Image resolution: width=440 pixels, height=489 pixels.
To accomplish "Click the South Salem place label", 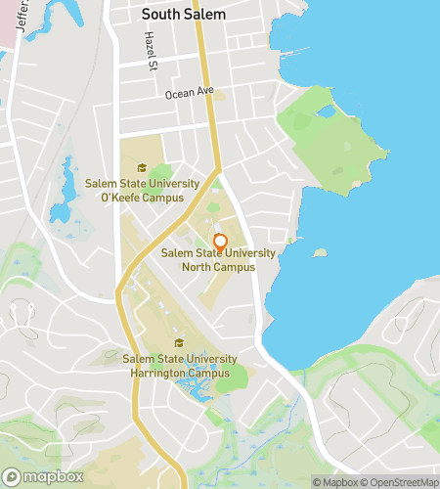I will (x=183, y=15).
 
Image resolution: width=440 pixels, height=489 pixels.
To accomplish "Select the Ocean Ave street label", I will (x=189, y=94).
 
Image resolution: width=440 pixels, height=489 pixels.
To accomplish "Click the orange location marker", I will (x=220, y=242).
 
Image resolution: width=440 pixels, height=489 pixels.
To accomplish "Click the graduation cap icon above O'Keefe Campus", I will (x=143, y=168).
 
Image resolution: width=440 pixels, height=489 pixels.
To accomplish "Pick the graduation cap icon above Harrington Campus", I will (x=178, y=343).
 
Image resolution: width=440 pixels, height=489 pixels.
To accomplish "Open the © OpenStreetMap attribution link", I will (x=401, y=481).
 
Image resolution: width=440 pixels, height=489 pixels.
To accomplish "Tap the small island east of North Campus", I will (x=319, y=252).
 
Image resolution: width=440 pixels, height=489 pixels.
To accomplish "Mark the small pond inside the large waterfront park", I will (x=326, y=111).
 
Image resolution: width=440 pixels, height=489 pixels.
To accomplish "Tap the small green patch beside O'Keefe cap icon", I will (x=159, y=173).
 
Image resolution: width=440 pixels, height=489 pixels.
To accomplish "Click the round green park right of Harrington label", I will (x=233, y=378).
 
